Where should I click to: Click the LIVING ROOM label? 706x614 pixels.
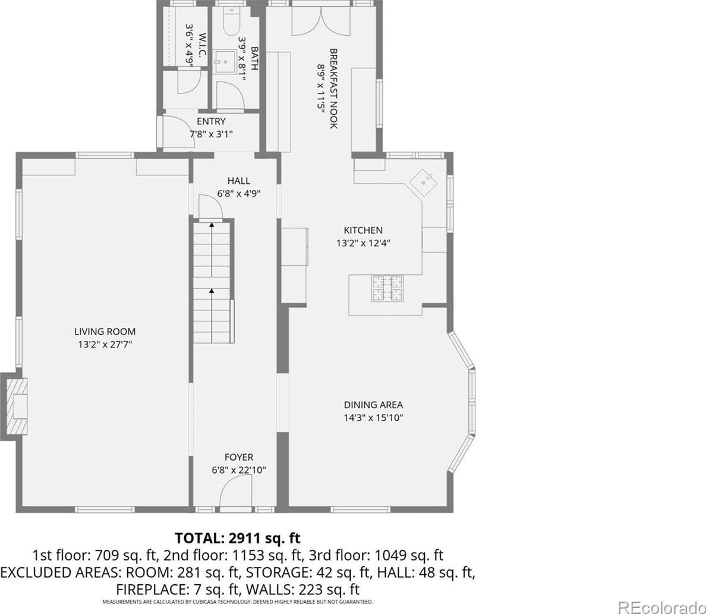pos(105,332)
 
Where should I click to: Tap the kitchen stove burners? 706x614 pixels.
pos(386,289)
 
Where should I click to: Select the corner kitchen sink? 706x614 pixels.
pos(423,182)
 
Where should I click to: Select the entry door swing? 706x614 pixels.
pos(178,131)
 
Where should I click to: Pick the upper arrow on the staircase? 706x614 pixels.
pos(211,249)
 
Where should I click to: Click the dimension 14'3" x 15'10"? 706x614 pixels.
pos(373,418)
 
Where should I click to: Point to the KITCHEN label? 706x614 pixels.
pos(363,230)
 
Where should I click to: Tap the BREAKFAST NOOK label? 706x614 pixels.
pos(333,89)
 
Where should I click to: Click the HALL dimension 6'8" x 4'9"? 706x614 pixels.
pos(239,194)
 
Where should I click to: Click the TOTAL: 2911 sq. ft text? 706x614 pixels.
pos(237,538)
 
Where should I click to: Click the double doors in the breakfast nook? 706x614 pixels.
pos(321,21)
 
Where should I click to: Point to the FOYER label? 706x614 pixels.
pos(239,457)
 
